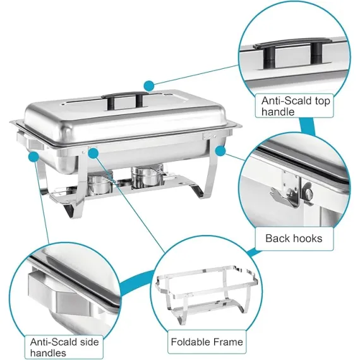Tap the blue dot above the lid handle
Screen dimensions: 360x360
coord(149,86)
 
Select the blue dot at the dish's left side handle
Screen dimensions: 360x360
coord(33,157)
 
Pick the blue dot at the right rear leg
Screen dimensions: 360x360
coord(220,150)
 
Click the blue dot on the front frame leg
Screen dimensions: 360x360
coord(93,153)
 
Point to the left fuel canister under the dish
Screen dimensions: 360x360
coord(100,183)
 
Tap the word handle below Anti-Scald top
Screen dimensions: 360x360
coord(278,112)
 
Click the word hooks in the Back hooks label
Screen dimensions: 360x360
coord(307,238)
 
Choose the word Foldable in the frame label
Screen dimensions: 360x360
coord(191,342)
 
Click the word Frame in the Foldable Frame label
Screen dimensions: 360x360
coord(228,342)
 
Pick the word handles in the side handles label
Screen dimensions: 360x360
coord(48,353)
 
